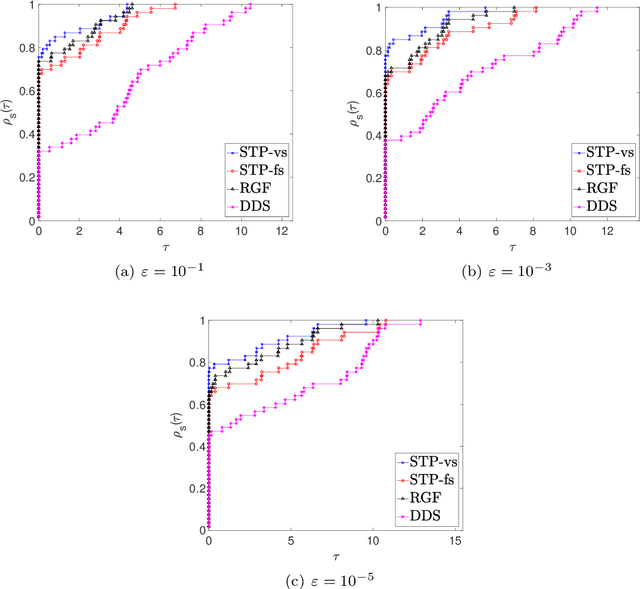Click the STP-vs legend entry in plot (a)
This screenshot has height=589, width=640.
[x=253, y=153]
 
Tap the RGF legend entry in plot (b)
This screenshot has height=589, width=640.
[x=598, y=187]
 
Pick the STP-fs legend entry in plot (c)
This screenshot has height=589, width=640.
[x=428, y=480]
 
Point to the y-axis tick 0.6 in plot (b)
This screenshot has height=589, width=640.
[x=372, y=92]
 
